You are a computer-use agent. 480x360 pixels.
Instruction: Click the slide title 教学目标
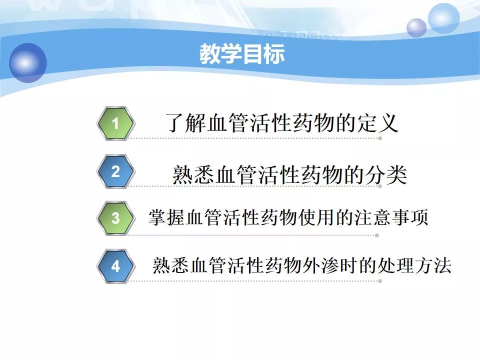click(x=242, y=54)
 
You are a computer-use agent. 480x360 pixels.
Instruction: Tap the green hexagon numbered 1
click(x=115, y=123)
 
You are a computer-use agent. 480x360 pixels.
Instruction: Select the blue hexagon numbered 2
click(x=115, y=171)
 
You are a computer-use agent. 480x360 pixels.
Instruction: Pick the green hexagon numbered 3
click(x=115, y=218)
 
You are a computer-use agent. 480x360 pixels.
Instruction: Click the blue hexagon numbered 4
click(x=115, y=266)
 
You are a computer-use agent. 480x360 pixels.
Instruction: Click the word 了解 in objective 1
click(x=185, y=123)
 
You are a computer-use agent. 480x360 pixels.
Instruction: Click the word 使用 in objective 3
click(x=317, y=217)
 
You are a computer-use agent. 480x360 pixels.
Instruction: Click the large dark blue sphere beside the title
click(x=28, y=63)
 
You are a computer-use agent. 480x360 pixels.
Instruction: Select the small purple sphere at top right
click(x=416, y=27)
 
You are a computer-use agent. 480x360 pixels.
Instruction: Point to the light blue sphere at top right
click(x=443, y=18)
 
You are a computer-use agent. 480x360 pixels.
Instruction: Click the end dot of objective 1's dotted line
click(x=380, y=138)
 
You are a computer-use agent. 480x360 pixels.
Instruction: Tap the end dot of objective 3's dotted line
click(x=377, y=235)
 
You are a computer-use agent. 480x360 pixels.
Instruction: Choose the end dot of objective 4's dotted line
click(x=380, y=281)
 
